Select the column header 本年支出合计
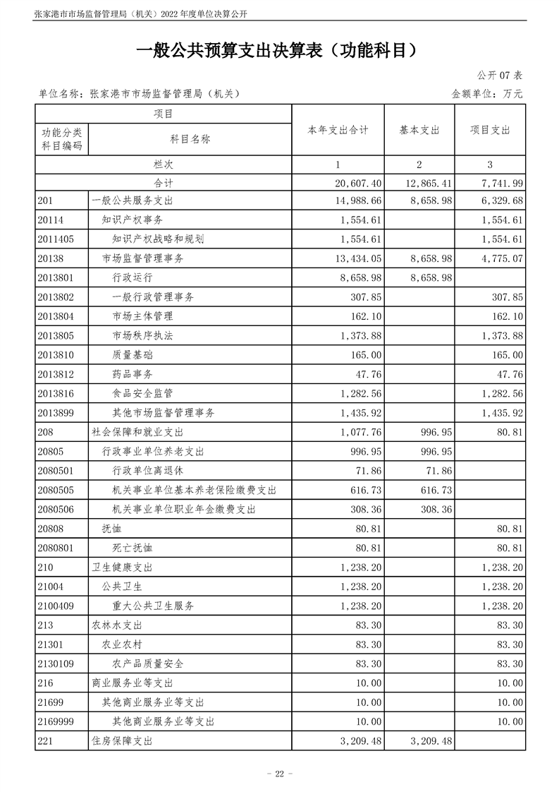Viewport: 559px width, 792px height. point(338,131)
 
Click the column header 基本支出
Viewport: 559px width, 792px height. point(419,131)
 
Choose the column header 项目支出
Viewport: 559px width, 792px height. point(490,131)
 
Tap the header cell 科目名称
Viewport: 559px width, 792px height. point(190,139)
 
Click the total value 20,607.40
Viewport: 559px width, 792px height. point(360,183)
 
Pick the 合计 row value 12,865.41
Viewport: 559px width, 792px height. point(429,183)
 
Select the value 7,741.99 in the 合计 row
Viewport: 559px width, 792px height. point(503,183)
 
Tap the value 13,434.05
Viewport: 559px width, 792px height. point(360,259)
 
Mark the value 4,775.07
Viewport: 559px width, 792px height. point(503,259)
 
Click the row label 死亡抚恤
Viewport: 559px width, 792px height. point(133,548)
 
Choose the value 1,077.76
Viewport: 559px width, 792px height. point(360,432)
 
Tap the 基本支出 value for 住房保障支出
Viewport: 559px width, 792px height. point(429,741)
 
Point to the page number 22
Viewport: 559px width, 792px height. point(279,774)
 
